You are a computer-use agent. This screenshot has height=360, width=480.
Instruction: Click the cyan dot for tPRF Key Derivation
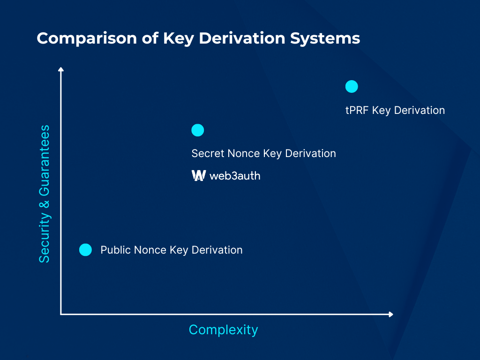[352, 87]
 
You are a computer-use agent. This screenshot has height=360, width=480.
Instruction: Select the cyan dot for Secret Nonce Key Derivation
[197, 130]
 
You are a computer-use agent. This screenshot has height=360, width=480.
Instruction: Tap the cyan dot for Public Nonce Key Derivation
[85, 250]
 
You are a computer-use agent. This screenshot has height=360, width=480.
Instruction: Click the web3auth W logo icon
[199, 175]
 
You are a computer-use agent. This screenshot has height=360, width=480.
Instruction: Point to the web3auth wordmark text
[235, 176]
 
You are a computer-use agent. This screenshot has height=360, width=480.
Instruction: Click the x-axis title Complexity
[224, 330]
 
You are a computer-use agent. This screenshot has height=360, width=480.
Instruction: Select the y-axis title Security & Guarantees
[45, 194]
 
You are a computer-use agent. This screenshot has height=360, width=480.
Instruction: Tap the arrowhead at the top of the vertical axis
[61, 69]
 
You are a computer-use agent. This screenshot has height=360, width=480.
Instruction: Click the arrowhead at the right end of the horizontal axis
[390, 314]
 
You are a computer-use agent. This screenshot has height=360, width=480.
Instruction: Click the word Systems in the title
[325, 38]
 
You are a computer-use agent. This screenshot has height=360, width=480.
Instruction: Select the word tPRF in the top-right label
[357, 110]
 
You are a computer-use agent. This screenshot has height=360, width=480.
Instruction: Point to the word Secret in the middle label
[208, 153]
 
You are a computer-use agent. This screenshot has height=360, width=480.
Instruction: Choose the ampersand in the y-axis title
[45, 204]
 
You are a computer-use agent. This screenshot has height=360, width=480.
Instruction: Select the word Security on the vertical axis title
[45, 238]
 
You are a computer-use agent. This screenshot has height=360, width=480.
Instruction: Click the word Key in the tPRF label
[381, 111]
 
